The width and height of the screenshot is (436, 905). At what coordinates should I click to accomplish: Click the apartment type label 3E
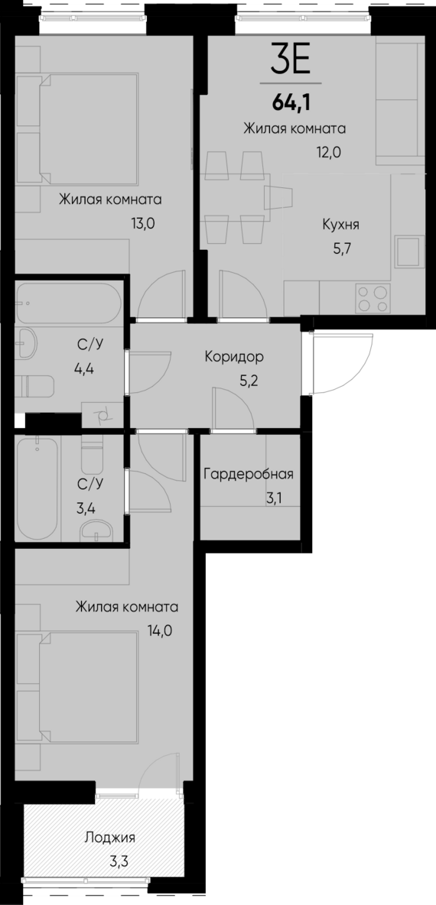(x=291, y=59)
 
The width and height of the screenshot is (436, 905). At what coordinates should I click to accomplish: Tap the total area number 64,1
(x=291, y=99)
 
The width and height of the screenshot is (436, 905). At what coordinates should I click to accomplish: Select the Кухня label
(x=341, y=225)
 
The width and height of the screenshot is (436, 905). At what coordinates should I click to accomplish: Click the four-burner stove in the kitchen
(x=373, y=298)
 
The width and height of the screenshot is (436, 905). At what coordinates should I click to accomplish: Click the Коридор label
(x=234, y=356)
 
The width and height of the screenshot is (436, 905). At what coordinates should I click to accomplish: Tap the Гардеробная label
(x=248, y=474)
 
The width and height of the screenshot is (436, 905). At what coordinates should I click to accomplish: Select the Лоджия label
(x=105, y=838)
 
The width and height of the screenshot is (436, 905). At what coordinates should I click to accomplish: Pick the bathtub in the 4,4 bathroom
(x=67, y=303)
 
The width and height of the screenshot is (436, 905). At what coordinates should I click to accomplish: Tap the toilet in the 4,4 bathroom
(x=36, y=386)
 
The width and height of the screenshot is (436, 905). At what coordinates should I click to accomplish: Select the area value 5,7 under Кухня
(x=341, y=248)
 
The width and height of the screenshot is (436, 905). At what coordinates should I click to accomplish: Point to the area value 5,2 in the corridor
(x=249, y=380)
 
